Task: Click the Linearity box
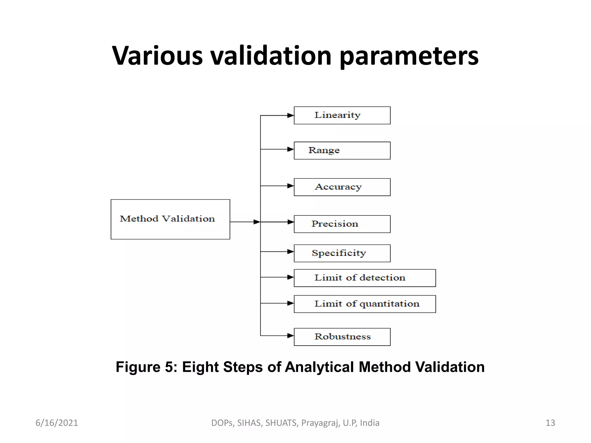[x=342, y=115]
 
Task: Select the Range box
[x=342, y=151]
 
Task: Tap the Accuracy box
[x=342, y=187]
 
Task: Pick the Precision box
[x=342, y=224]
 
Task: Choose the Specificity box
[x=342, y=253]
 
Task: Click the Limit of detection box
[x=365, y=278]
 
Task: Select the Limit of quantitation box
[x=365, y=304]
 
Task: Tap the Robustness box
[x=342, y=337]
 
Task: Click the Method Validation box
[x=170, y=219]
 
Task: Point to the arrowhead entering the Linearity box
[x=291, y=116]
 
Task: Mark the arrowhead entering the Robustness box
[x=291, y=336]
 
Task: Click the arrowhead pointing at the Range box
[x=291, y=149]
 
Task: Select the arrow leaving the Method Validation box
[x=245, y=222]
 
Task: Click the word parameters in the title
[x=409, y=56]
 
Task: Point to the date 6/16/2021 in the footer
[x=57, y=423]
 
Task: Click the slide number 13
[x=550, y=423]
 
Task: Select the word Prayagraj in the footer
[x=321, y=423]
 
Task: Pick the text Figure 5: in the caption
[x=147, y=367]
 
